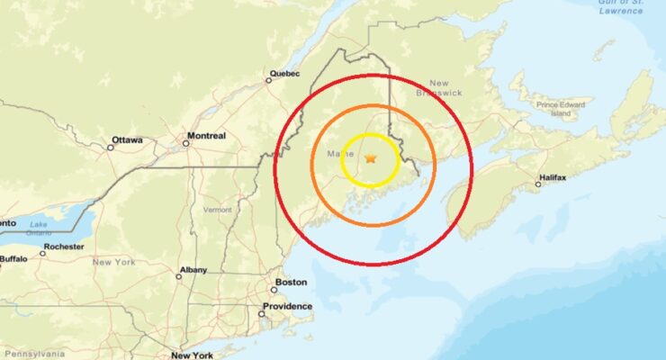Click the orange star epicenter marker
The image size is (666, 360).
(371, 158)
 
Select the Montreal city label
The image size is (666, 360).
(206, 137)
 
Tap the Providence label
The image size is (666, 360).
(286, 307)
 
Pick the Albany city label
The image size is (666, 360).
(193, 269)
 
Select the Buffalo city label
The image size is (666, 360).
(13, 258)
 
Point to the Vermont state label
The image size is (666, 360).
(218, 209)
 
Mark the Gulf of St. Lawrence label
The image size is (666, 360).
(620, 7)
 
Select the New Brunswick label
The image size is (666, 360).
(439, 87)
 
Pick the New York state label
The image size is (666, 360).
(113, 262)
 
